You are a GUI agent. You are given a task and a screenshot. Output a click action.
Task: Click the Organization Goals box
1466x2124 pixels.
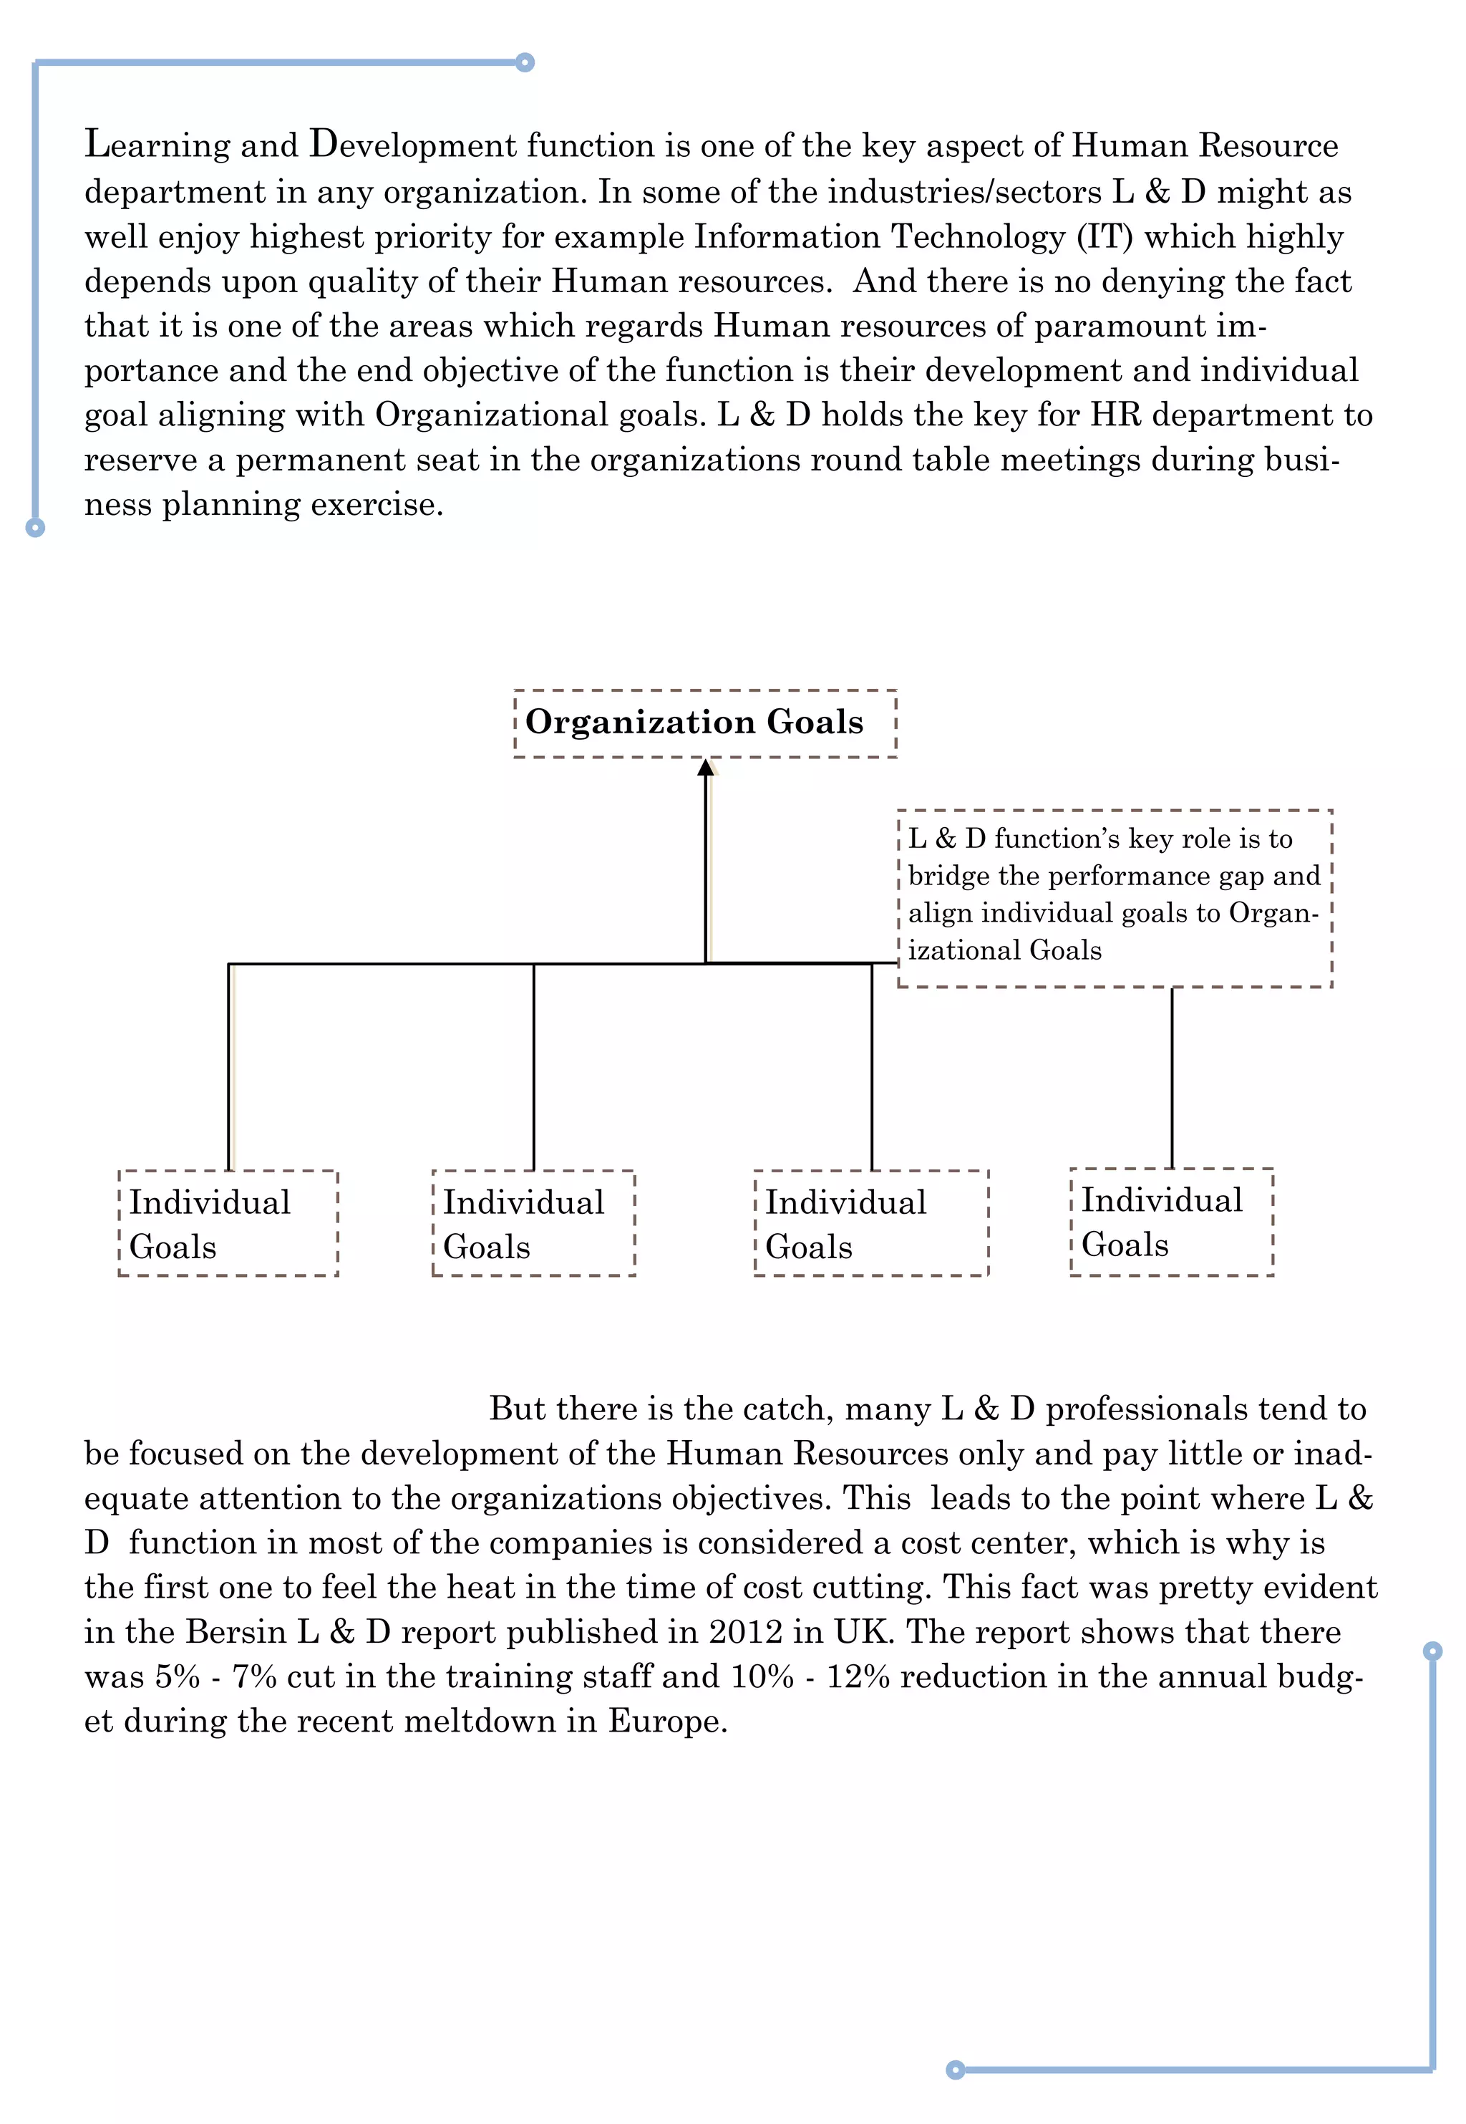click(704, 723)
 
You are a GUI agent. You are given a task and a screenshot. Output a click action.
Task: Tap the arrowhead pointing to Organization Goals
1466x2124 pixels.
click(706, 767)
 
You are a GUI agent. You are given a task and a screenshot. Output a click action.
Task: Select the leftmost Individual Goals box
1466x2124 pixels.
click(228, 1223)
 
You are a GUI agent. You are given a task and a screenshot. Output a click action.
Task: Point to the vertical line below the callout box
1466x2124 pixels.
click(1172, 1077)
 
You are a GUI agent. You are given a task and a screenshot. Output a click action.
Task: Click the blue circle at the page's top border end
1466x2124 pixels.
click(525, 62)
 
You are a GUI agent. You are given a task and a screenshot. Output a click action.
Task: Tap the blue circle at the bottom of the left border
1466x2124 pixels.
click(35, 527)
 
